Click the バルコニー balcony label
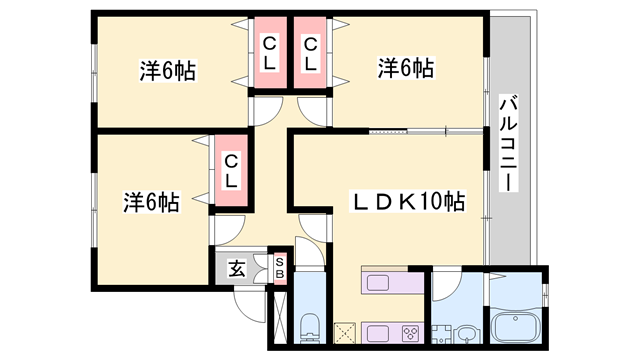509,144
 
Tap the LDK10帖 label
407,201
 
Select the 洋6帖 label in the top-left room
168,71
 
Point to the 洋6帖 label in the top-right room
405,68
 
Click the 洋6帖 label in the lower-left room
151,202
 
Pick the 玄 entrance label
237,269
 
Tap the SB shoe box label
280,268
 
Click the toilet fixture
310,328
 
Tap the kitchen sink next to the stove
378,333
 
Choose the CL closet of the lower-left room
231,171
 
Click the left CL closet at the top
270,52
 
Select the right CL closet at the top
310,52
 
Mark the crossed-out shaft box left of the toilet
280,317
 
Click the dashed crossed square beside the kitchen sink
344,333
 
